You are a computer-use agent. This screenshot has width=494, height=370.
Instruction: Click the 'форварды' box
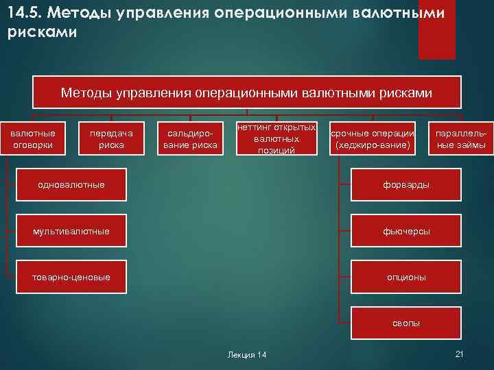click(407, 185)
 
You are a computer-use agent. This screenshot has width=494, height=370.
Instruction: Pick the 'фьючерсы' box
click(407, 231)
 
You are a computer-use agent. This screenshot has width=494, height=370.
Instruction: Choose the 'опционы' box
click(407, 277)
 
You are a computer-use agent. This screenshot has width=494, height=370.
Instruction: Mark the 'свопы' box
click(407, 323)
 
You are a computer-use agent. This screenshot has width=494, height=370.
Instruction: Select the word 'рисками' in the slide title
click(32, 32)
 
